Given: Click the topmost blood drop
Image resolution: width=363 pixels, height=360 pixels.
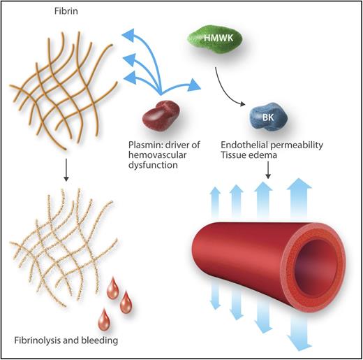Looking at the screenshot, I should (x=112, y=287).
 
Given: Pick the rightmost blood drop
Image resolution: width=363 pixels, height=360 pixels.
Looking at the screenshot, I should (x=126, y=302).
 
